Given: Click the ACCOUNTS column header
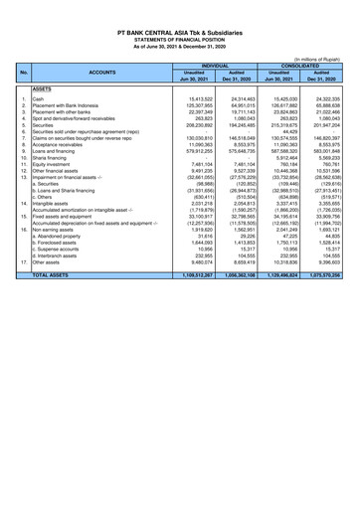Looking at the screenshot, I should pos(99,73).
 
